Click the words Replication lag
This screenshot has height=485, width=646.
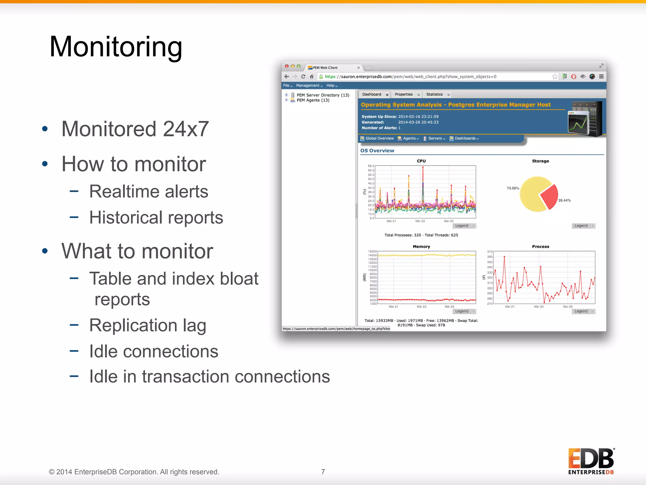click(x=148, y=325)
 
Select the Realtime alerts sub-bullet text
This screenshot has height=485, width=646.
click(x=149, y=191)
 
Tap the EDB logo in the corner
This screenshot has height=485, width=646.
click(x=591, y=461)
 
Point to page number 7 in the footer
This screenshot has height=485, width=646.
click(x=323, y=472)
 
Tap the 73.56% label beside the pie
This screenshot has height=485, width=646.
click(x=513, y=188)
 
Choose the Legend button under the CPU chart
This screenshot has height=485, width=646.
click(x=462, y=226)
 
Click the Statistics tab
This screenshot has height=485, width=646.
click(x=434, y=94)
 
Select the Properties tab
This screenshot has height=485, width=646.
click(x=404, y=94)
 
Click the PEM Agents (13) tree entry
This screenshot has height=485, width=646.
click(x=313, y=100)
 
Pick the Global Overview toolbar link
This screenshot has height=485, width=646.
click(x=379, y=138)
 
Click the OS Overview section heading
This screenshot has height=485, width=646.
click(x=377, y=151)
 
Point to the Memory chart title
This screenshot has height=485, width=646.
click(x=421, y=247)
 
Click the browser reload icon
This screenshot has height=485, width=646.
click(x=303, y=76)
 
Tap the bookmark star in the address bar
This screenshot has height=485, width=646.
click(x=555, y=76)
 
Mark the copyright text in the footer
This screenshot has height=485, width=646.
click(x=134, y=472)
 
